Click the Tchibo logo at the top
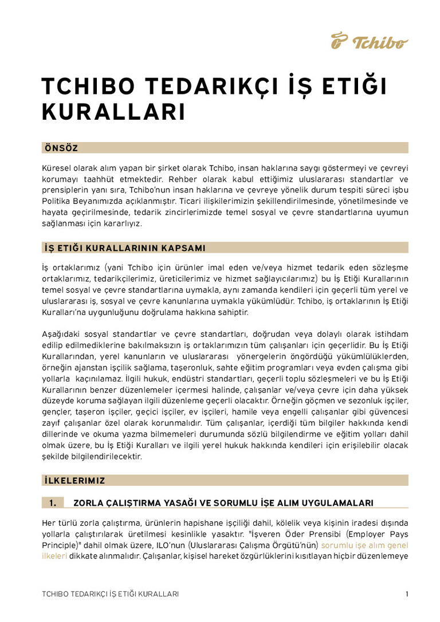[x=370, y=41]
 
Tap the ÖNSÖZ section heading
[x=61, y=148]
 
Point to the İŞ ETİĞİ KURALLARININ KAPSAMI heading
[x=124, y=248]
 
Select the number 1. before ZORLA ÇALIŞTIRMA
[x=52, y=503]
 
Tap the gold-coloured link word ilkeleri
[x=54, y=556]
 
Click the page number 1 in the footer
[x=407, y=594]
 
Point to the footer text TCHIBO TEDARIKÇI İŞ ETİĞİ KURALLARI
[x=110, y=594]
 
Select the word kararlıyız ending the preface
[x=122, y=224]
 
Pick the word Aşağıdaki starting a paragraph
[x=62, y=334]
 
